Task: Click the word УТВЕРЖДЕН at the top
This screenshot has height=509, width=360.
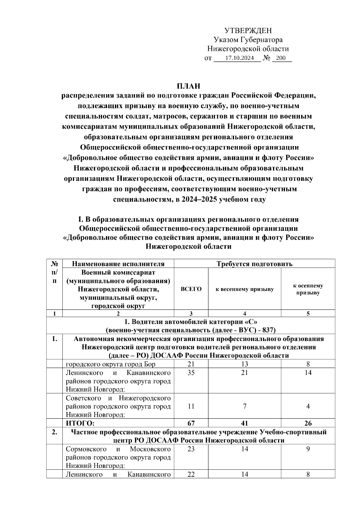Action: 248,31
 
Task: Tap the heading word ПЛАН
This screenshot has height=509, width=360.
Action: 188,86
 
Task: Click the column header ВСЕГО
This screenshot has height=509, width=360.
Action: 191,289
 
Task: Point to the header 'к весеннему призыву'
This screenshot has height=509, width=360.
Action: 244,289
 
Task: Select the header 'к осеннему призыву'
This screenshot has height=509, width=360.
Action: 308,289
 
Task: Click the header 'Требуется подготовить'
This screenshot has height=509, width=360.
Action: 254,264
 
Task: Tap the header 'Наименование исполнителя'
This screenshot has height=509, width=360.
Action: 118,264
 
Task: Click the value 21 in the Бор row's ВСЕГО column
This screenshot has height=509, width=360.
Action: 191,364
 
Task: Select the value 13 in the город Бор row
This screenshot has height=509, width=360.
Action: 244,364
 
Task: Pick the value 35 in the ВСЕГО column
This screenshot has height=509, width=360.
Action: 191,373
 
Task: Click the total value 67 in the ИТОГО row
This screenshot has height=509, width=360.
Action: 191,423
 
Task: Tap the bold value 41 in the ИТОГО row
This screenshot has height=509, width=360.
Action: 244,423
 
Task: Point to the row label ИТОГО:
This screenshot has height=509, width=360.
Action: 80,423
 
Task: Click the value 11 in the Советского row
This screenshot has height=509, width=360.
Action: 191,406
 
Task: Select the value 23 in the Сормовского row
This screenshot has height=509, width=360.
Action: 191,449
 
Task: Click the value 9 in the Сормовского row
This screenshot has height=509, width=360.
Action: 308,449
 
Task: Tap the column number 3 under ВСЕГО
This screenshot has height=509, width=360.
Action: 191,314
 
